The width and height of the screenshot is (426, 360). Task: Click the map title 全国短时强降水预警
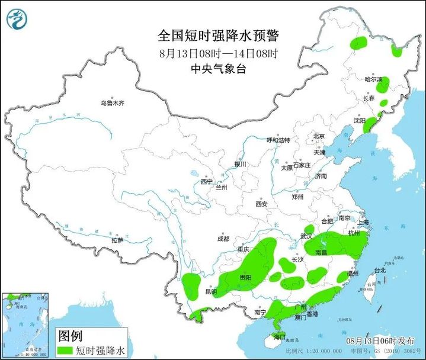[x=217, y=36]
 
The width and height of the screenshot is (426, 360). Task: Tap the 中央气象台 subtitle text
[x=217, y=69]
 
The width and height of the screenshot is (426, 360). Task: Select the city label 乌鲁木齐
[x=113, y=103]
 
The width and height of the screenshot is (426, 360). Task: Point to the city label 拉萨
[x=117, y=240]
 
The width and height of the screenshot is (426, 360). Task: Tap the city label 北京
[x=319, y=136]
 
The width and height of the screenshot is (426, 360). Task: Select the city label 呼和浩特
[x=278, y=140]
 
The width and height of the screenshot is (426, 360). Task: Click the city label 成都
[x=223, y=239]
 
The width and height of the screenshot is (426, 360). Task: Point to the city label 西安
[x=262, y=204]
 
